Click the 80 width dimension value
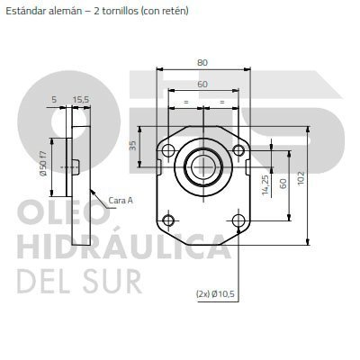coord(202,63)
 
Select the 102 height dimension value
coord(301,178)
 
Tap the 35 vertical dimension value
coord(133,145)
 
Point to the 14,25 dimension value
coord(265,185)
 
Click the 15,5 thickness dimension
coord(81,100)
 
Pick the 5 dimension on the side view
coord(54,100)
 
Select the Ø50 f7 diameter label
coord(43,163)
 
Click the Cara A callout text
coord(121,200)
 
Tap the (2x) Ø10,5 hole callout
coord(215,294)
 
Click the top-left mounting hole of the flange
coord(168,149)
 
